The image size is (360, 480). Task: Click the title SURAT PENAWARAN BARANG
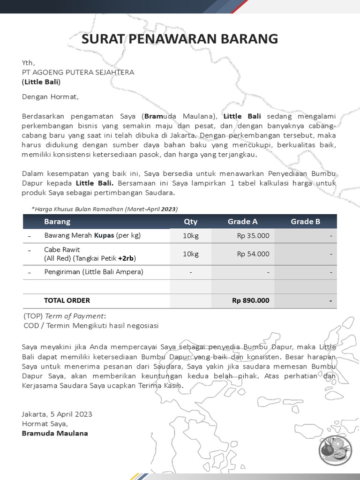click(180, 39)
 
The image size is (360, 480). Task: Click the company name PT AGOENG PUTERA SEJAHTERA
click(78, 72)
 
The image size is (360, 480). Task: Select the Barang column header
click(57, 221)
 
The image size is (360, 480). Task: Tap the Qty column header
click(190, 221)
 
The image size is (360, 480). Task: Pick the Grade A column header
click(242, 221)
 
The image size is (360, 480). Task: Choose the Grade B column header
click(305, 221)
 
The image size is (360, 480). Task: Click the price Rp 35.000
click(253, 236)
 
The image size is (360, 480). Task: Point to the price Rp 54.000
click(253, 254)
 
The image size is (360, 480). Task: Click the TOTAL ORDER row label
click(67, 300)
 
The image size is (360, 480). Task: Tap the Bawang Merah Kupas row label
click(92, 236)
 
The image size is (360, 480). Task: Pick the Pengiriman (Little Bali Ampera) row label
click(94, 272)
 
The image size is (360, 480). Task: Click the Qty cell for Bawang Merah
click(190, 236)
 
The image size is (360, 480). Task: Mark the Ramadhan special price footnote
click(105, 209)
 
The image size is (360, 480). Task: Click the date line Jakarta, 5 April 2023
click(57, 414)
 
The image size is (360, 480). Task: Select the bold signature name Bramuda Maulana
click(55, 433)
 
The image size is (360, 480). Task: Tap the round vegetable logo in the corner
click(333, 450)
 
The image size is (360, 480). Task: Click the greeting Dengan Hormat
click(51, 97)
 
